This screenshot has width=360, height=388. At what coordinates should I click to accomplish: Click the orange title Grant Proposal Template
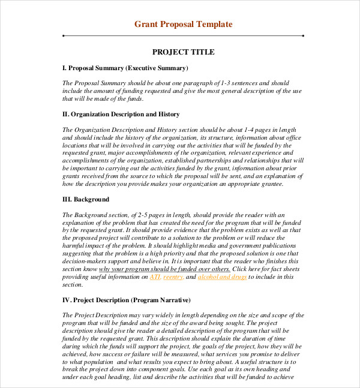point(183,24)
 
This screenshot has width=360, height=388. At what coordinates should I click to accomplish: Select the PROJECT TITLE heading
point(183,52)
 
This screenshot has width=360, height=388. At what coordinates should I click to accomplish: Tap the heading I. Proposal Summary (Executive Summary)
point(125,68)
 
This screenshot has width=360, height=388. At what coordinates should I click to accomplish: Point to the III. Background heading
point(86,199)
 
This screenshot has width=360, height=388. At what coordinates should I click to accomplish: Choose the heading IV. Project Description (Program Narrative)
point(126,300)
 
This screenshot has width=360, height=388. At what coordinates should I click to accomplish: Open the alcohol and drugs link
point(222,277)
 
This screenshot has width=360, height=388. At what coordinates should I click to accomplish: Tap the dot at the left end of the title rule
point(63,36)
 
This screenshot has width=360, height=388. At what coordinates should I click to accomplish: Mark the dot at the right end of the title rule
point(303,36)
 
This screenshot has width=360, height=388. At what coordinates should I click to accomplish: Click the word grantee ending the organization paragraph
point(270,184)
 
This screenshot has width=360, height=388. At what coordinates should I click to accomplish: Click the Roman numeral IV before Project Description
point(67,300)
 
